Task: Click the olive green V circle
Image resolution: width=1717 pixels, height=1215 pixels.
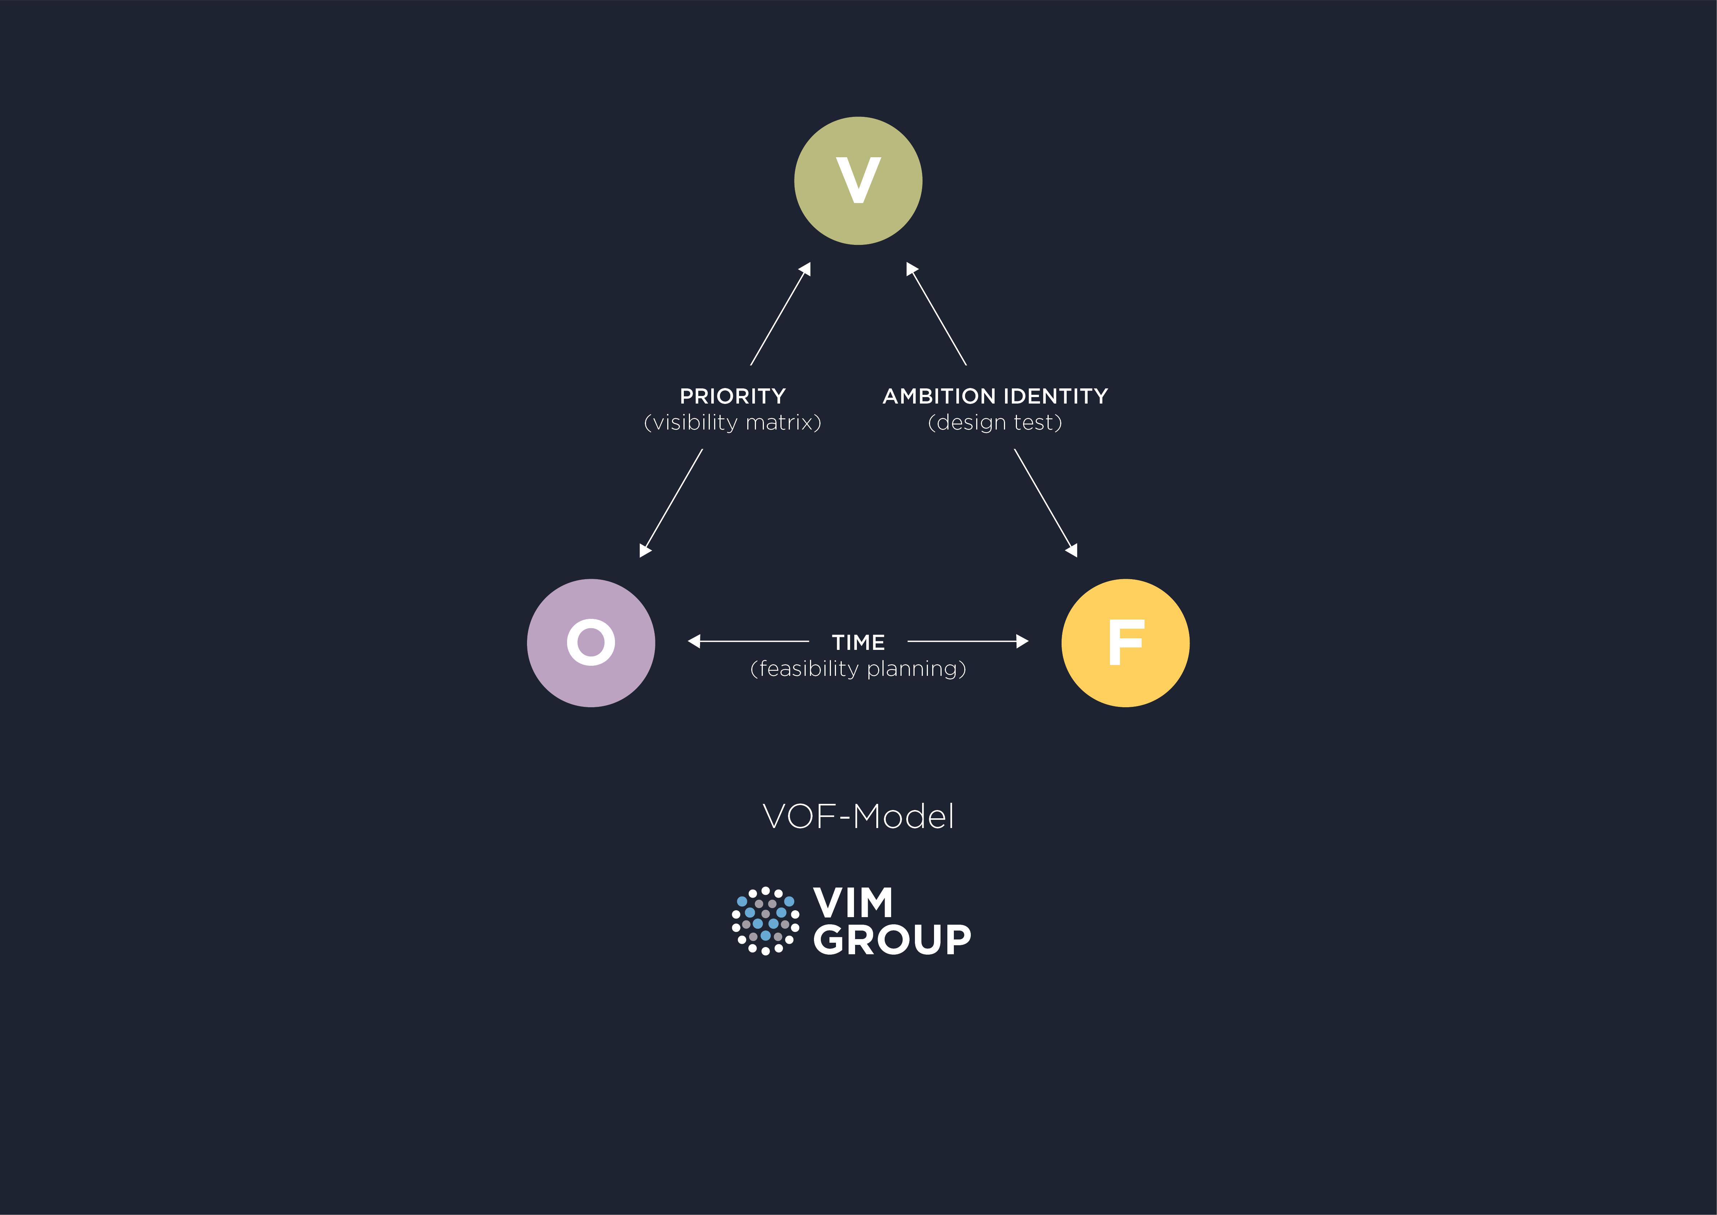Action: coord(858,181)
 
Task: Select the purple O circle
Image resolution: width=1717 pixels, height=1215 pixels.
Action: coord(591,643)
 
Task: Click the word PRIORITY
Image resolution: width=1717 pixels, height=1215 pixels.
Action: coord(732,396)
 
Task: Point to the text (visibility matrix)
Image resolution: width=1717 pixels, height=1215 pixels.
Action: coord(732,423)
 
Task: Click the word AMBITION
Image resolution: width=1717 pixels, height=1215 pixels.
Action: coord(939,396)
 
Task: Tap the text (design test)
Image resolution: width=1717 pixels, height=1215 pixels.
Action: coord(995,423)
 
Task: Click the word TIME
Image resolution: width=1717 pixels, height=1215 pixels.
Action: coord(858,642)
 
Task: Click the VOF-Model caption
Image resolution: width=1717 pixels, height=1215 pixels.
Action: coord(858,816)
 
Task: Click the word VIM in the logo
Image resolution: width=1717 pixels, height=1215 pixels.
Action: coord(853,903)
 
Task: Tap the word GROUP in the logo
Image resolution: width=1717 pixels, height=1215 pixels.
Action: coord(891,940)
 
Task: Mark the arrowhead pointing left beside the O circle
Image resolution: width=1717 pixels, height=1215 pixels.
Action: coord(693,641)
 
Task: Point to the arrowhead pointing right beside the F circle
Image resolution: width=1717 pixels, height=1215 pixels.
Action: coord(1022,641)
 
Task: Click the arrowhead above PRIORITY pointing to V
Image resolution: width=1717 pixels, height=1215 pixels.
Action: coord(805,269)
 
